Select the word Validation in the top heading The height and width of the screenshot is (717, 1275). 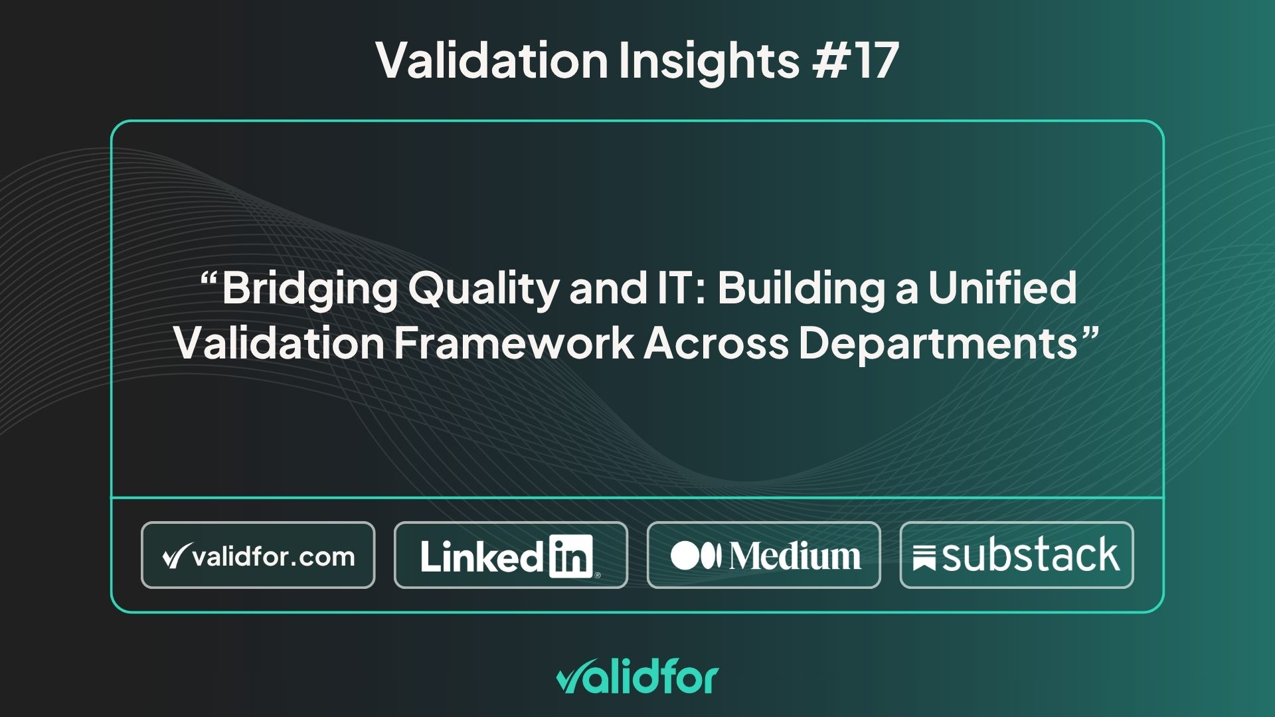492,60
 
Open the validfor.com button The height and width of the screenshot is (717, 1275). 258,555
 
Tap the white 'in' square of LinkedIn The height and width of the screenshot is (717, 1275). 570,556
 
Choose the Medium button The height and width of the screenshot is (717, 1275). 764,555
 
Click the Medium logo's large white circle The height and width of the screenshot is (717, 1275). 685,556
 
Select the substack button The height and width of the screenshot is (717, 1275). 1016,555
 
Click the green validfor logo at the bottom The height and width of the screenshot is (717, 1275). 637,678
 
